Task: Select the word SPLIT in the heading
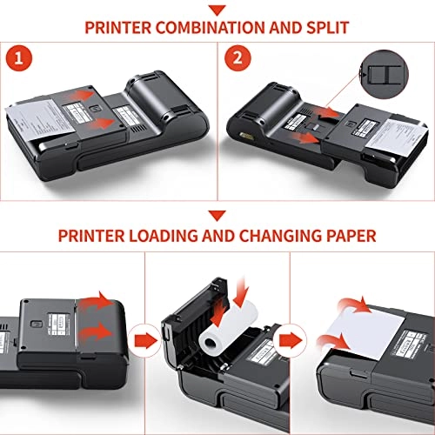point(326,26)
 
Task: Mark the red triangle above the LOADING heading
point(217,215)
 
